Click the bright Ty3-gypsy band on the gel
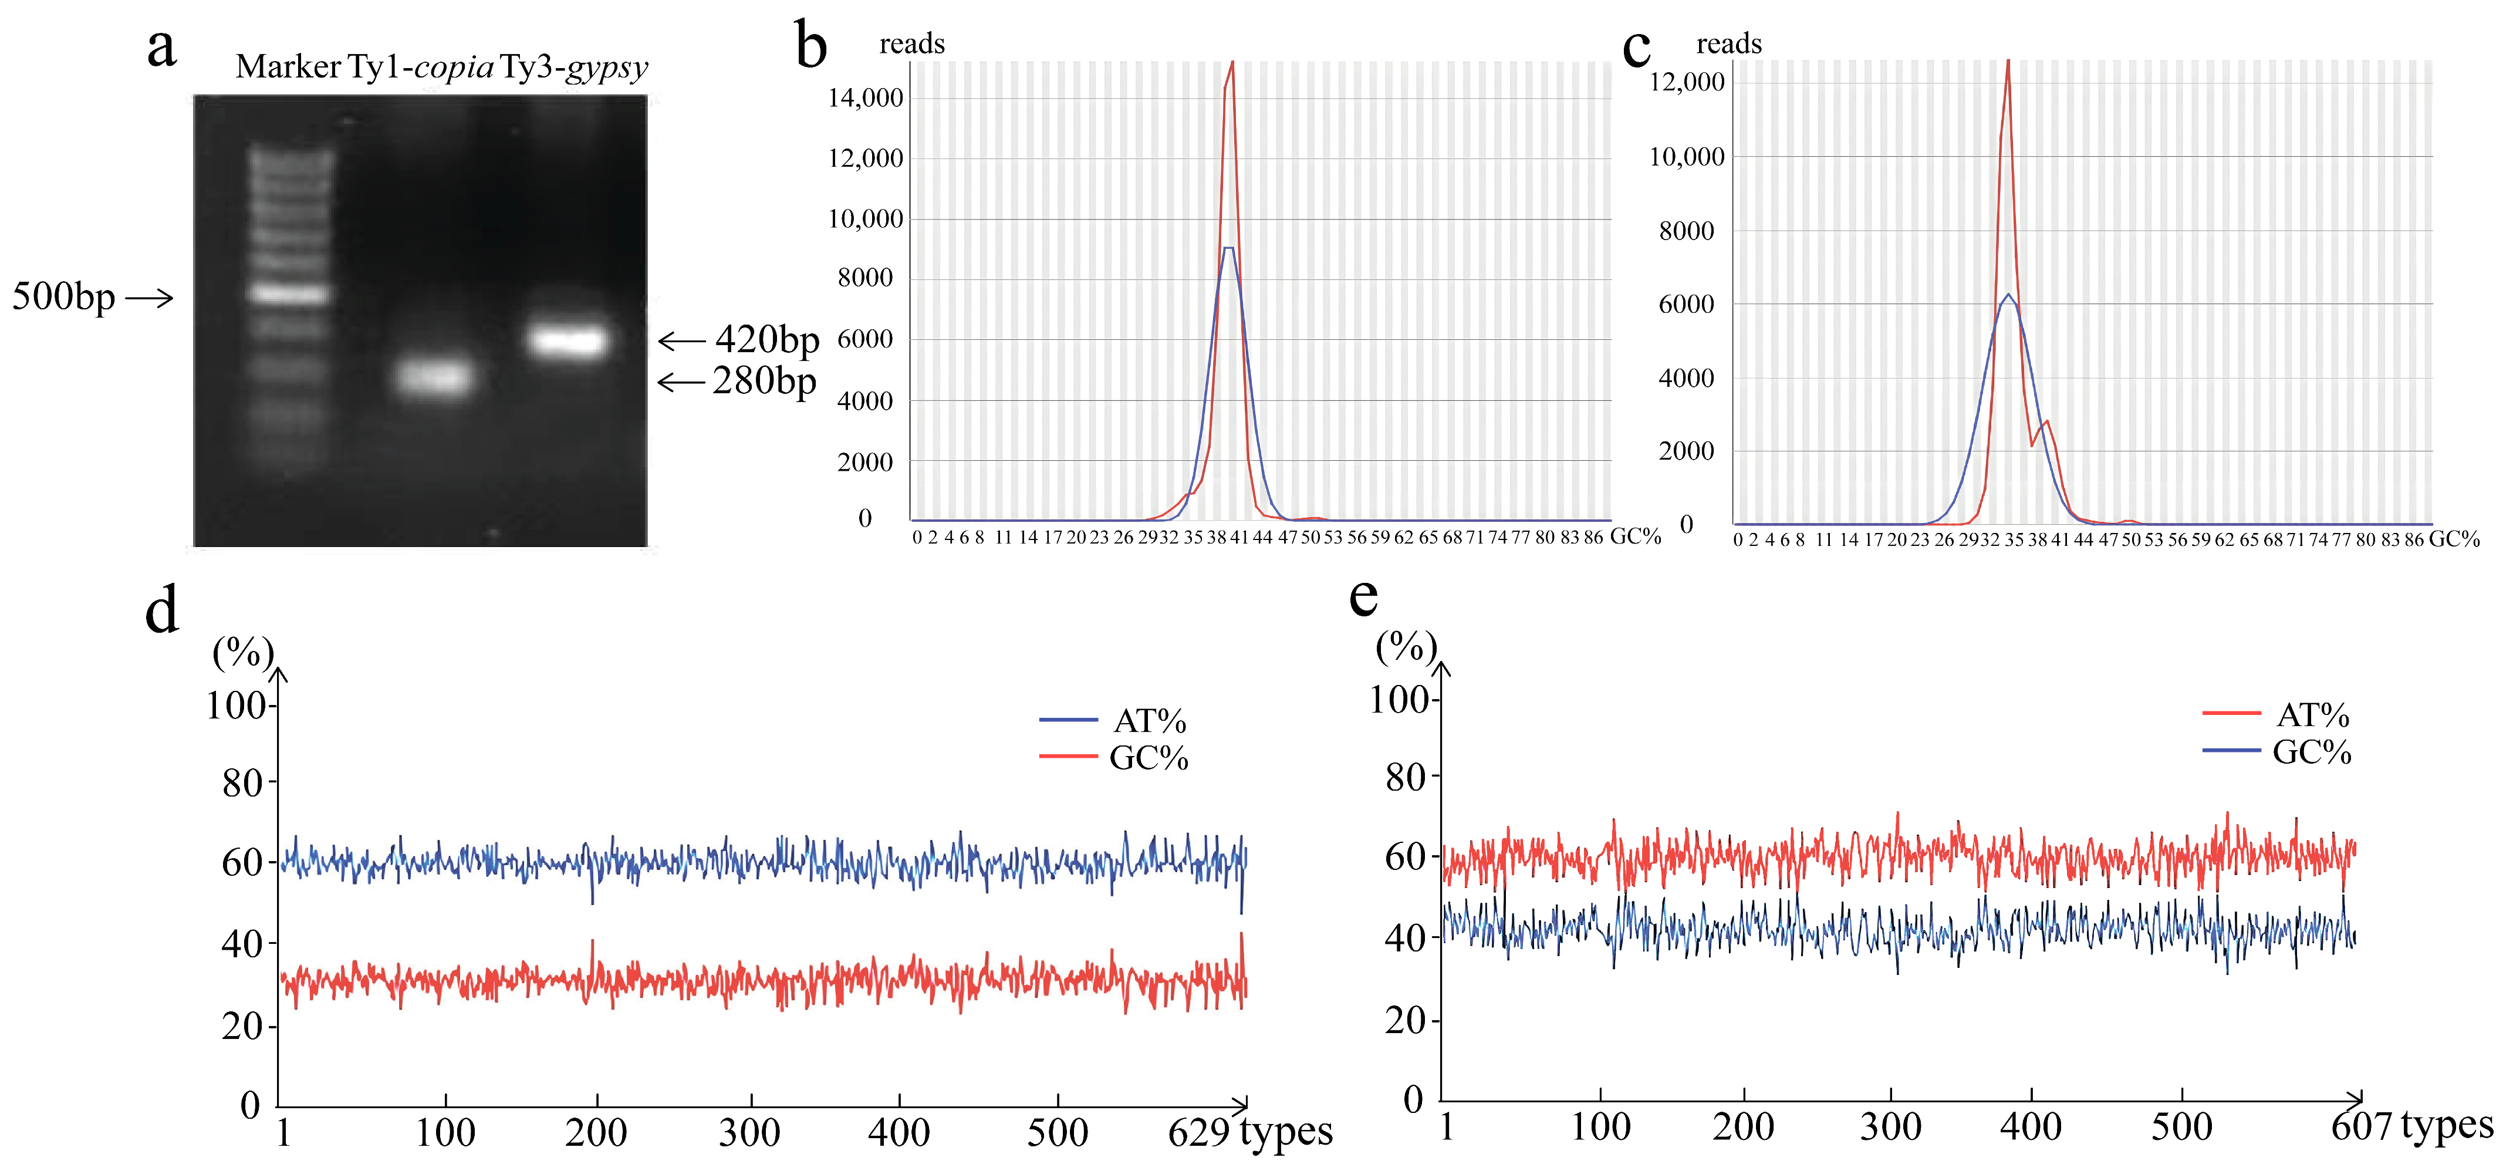(x=569, y=340)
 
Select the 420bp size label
(x=767, y=340)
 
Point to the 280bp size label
(x=764, y=380)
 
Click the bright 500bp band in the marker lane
(x=288, y=293)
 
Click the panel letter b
(x=810, y=47)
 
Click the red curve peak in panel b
(x=1233, y=65)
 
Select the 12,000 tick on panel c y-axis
(x=1687, y=82)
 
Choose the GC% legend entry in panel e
(x=2311, y=752)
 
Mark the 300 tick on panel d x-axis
(x=749, y=1132)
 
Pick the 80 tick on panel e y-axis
(x=1405, y=778)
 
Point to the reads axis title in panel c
(x=1729, y=44)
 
